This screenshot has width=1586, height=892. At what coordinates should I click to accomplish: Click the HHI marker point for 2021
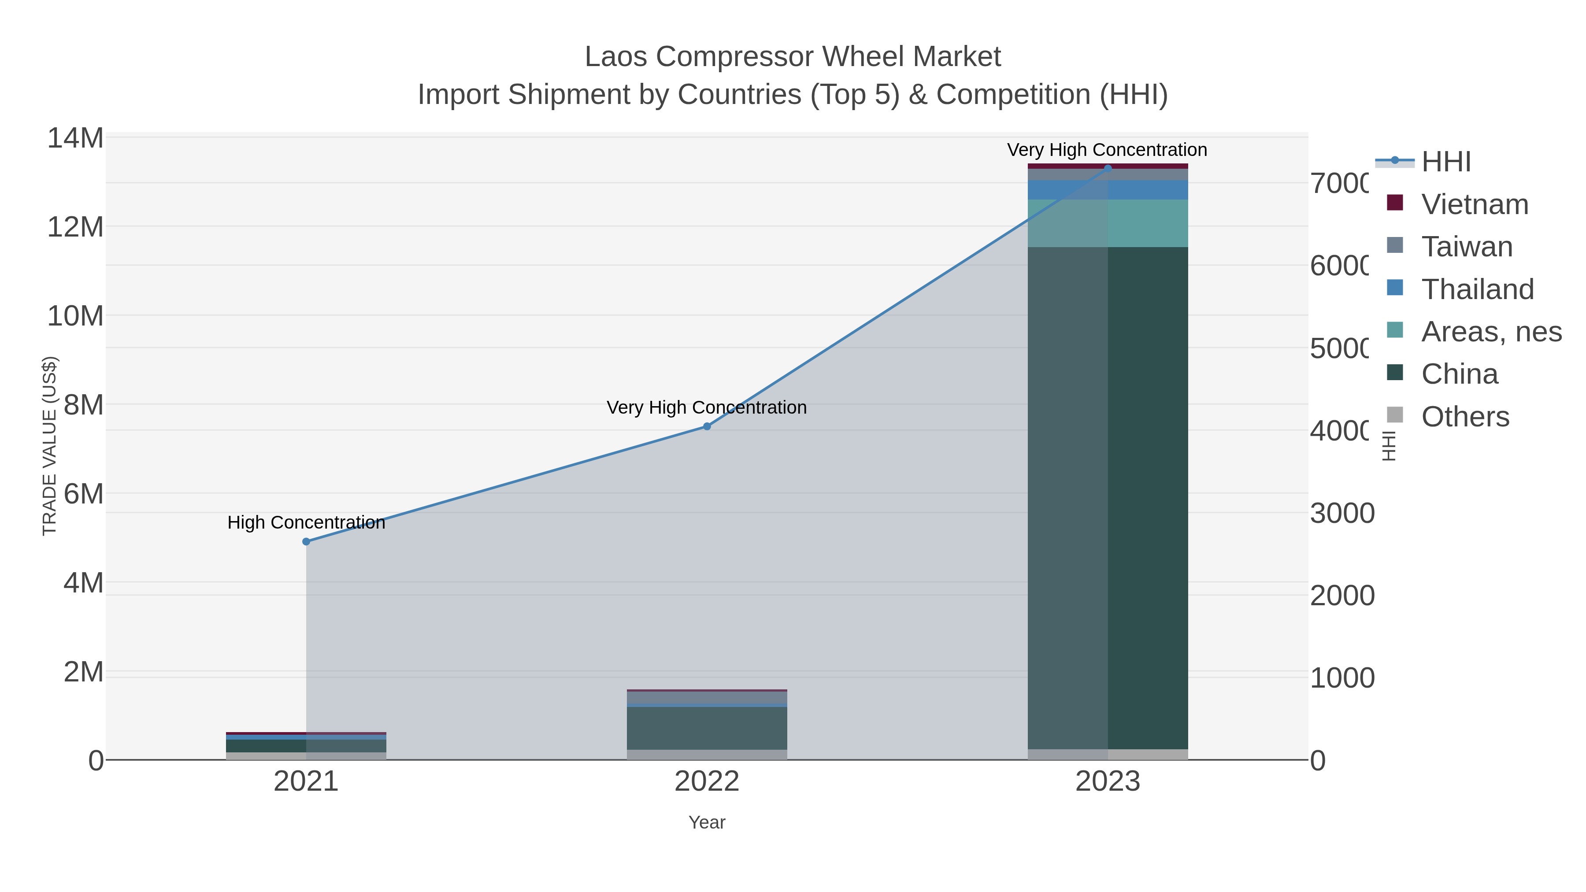point(306,542)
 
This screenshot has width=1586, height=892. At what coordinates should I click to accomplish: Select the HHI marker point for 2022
point(707,426)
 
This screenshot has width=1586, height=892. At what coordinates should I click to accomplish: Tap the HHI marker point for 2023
point(1108,168)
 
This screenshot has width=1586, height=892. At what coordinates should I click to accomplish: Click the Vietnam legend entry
point(1475,204)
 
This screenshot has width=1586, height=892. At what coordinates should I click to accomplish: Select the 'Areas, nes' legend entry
point(1490,332)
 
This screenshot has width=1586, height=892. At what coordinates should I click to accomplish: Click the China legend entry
point(1459,374)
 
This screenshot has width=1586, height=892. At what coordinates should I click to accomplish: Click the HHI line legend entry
point(1445,162)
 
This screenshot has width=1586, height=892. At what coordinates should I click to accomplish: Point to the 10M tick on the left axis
point(75,316)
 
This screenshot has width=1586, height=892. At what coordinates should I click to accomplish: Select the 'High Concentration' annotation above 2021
point(306,522)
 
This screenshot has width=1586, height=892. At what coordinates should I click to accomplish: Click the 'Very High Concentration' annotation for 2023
point(1107,150)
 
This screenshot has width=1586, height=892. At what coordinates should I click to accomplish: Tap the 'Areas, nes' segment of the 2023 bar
point(1108,223)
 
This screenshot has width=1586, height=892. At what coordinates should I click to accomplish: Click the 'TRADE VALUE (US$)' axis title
point(49,446)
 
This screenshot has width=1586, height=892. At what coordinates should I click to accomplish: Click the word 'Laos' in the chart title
point(616,57)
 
